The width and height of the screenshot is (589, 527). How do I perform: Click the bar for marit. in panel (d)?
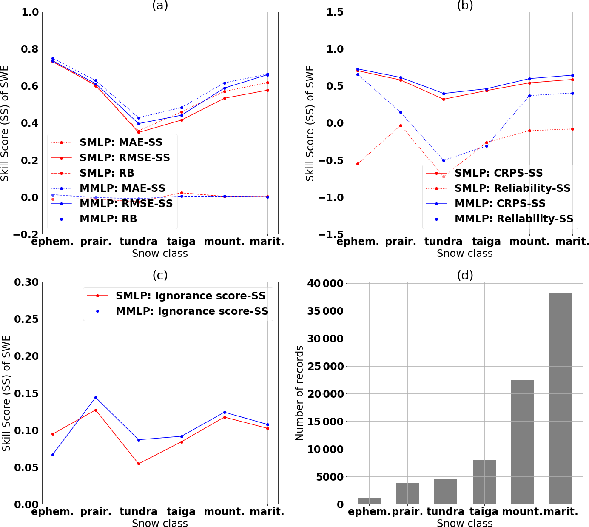pos(561,398)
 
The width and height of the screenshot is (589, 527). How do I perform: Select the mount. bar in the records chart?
pos(522,442)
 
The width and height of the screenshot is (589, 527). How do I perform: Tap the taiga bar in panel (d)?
pos(484,482)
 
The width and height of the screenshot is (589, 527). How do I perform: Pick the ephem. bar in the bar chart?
pos(369,501)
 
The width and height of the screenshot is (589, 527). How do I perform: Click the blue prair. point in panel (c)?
pos(96,397)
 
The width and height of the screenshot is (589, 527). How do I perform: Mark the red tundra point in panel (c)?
pos(139,464)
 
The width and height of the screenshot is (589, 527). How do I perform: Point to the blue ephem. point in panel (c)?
pos(53,455)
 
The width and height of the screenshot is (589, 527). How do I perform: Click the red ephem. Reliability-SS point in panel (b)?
pos(358,164)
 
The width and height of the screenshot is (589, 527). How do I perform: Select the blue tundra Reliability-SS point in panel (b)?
pos(444,160)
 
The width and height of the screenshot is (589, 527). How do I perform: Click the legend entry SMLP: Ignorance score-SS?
pos(191,296)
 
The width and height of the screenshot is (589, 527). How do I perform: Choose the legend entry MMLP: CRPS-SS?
pos(500,204)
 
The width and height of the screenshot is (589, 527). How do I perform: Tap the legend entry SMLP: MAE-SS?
pos(121,142)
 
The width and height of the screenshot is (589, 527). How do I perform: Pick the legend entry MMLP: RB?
pos(108,219)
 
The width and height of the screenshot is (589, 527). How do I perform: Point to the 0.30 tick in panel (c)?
pos(26,282)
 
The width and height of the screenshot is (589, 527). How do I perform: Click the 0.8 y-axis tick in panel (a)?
pos(30,49)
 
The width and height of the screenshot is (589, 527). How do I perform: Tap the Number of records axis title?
pos(299,393)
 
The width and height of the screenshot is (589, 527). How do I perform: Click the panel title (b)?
pos(465,5)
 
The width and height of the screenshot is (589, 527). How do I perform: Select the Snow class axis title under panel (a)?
pos(160,254)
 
